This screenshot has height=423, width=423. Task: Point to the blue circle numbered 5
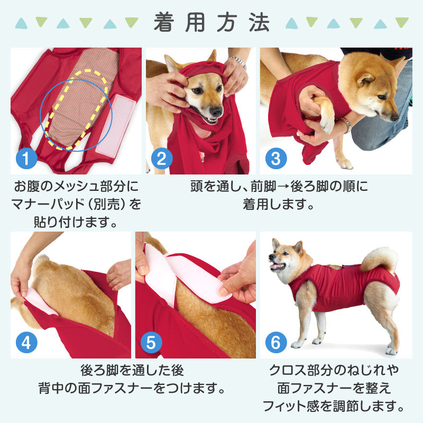151,343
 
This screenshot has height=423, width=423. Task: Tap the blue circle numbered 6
275,343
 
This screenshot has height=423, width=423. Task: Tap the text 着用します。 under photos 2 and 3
279,204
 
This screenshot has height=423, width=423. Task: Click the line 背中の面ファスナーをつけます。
136,389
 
